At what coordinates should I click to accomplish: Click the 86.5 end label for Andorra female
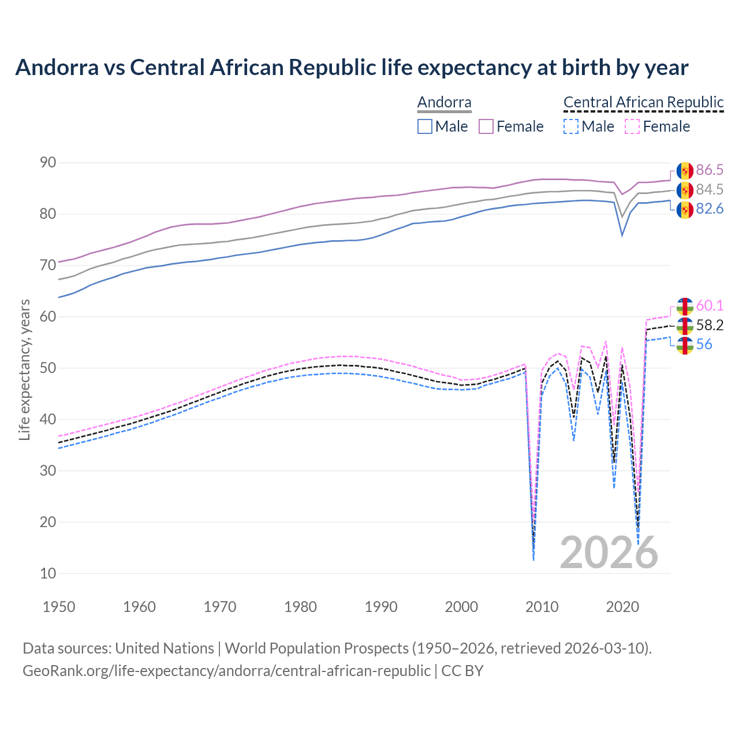click(x=710, y=170)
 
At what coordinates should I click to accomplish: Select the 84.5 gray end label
click(x=710, y=189)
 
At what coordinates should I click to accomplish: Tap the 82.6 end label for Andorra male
click(x=710, y=209)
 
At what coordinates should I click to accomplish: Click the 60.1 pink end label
click(x=710, y=305)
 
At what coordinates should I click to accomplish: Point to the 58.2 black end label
click(x=710, y=325)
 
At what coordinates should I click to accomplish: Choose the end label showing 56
click(x=704, y=345)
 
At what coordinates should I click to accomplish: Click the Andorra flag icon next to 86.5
click(x=685, y=171)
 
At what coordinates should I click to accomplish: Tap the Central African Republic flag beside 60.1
click(x=685, y=307)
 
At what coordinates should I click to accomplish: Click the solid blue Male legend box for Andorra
click(x=425, y=126)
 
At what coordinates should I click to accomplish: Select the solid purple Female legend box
click(x=486, y=126)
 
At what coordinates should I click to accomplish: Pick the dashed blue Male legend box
click(x=570, y=126)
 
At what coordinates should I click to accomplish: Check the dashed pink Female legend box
click(x=632, y=126)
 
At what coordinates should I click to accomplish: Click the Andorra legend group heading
click(x=445, y=102)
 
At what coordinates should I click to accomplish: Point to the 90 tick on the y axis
click(x=48, y=163)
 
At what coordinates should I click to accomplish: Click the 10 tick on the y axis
click(x=48, y=573)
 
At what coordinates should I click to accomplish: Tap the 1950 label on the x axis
click(x=59, y=607)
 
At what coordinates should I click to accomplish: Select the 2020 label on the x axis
click(x=622, y=607)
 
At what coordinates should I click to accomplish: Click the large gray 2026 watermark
click(x=609, y=553)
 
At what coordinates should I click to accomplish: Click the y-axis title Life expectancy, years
click(x=25, y=369)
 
